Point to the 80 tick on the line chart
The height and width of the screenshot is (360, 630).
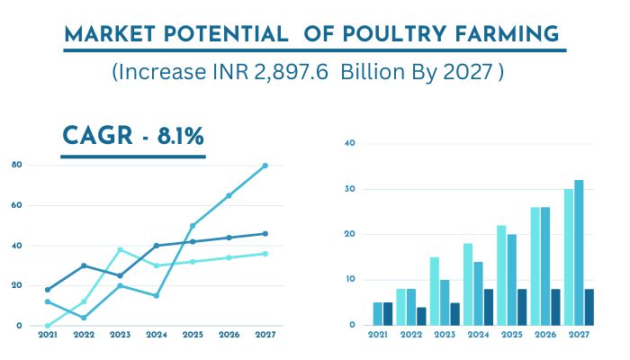18,165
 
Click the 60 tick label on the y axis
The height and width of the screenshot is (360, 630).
18,205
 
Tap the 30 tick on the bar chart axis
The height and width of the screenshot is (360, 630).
351,189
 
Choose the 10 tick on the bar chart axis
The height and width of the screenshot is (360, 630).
351,279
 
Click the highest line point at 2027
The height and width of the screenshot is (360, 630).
265,166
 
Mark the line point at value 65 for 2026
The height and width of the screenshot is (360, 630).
229,195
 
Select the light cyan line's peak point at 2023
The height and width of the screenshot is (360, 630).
120,249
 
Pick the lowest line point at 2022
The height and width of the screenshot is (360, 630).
84,318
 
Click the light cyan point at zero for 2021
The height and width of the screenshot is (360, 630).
47,325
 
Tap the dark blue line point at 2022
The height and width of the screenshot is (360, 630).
84,265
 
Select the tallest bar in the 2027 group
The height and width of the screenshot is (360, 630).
578,253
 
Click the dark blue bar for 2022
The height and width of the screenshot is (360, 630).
421,316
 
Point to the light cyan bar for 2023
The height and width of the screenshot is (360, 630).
434,291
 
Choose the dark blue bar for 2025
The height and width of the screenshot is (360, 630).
523,307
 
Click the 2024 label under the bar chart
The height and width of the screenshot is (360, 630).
477,334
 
